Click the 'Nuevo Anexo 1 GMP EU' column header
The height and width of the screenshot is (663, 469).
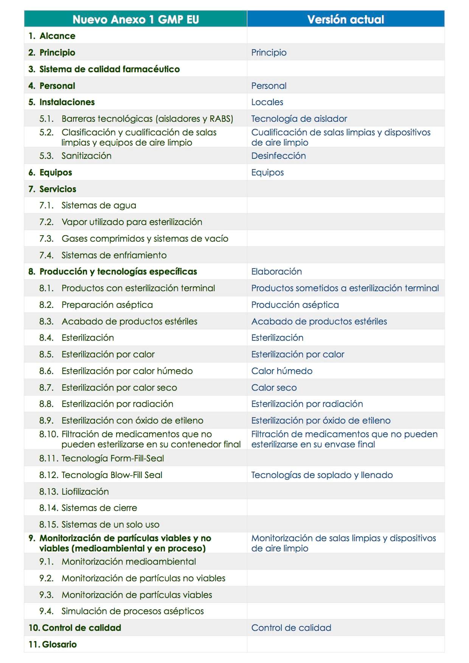click(135, 19)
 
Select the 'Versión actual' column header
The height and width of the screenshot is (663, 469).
click(345, 19)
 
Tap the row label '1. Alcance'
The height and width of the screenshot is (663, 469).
click(52, 36)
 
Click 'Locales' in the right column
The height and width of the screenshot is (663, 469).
click(267, 102)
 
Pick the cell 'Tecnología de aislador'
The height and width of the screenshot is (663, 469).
click(299, 119)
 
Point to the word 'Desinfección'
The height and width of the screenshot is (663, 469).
click(278, 156)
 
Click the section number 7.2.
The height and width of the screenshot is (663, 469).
click(47, 222)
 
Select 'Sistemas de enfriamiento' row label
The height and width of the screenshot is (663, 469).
click(114, 255)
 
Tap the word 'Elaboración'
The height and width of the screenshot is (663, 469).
click(276, 272)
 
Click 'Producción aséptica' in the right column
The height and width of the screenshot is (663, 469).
click(295, 305)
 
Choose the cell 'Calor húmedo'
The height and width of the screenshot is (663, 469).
click(282, 371)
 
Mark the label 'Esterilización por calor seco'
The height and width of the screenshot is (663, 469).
click(119, 388)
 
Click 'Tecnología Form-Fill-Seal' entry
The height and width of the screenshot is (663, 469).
click(113, 458)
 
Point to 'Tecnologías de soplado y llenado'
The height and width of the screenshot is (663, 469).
click(322, 475)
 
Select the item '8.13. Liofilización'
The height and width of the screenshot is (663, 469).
click(74, 492)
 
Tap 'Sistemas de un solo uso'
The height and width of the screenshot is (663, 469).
click(110, 525)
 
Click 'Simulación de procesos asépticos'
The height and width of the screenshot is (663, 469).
click(132, 611)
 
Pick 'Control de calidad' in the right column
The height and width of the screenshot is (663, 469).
click(291, 628)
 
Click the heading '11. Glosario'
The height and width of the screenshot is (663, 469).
click(53, 644)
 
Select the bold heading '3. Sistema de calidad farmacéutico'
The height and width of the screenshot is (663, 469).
click(104, 69)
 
